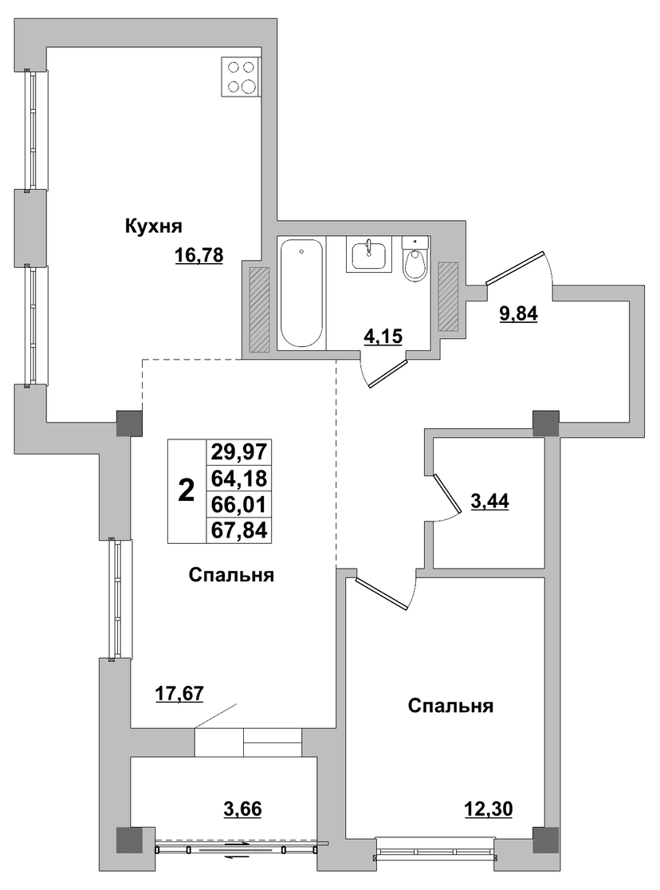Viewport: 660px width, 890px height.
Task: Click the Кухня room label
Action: [153, 227]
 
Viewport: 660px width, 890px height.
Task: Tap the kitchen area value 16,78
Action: [199, 257]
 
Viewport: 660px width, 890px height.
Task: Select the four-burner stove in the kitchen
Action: [242, 77]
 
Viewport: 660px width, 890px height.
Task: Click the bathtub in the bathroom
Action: [302, 293]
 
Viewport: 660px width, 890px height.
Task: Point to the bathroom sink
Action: [369, 254]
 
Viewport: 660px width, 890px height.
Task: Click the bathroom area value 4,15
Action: [383, 337]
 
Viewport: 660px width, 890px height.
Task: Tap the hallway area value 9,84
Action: [518, 313]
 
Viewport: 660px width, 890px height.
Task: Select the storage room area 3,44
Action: [489, 501]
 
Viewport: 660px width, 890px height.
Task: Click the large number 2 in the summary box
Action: [187, 490]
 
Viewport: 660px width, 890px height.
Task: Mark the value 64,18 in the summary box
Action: [239, 478]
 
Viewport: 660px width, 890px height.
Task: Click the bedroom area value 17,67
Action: [179, 694]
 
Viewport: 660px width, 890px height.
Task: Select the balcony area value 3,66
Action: [242, 809]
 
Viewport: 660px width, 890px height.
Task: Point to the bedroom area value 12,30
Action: [488, 809]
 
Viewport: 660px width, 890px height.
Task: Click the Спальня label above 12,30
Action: [450, 706]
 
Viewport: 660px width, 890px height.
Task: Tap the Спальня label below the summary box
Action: [231, 575]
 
